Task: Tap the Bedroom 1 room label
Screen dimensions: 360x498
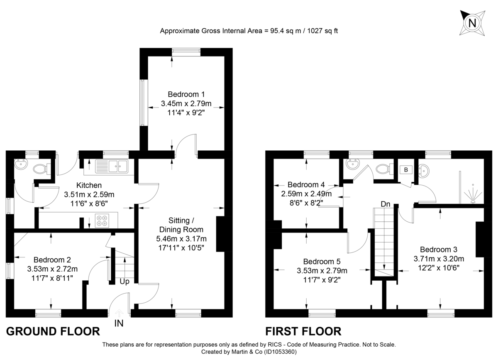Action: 186,94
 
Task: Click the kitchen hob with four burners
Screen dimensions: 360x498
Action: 102,220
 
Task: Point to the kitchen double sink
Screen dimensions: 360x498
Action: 112,167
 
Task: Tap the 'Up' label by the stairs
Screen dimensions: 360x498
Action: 124,282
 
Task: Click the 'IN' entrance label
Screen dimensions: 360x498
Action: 119,323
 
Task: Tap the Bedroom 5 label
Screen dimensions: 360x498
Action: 322,262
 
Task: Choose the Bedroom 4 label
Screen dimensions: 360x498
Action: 306,184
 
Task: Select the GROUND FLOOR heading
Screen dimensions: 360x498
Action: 53,331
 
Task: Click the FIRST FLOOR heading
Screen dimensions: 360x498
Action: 303,331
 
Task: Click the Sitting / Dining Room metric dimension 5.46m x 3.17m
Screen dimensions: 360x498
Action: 181,239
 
